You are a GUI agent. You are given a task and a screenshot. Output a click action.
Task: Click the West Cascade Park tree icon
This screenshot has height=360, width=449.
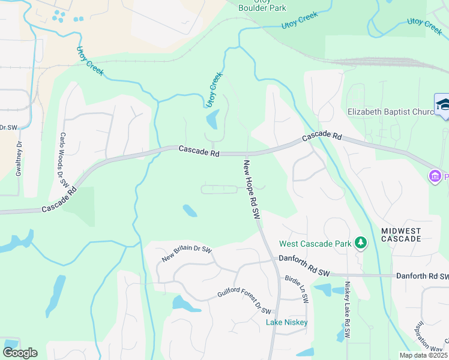coord(360,243)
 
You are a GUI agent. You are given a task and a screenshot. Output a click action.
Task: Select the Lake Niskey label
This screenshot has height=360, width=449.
coord(287,323)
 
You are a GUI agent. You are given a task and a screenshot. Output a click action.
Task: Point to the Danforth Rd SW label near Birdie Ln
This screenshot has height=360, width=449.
coord(304,258)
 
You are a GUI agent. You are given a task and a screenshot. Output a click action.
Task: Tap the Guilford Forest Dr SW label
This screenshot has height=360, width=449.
coord(244,302)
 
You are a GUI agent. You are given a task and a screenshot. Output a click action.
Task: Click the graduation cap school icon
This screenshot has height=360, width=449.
coord(443,104)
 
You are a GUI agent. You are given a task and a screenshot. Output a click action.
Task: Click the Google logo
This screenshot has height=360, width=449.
coord(20,353)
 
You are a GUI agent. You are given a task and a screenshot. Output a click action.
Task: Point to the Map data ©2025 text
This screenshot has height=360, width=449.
coord(423,355)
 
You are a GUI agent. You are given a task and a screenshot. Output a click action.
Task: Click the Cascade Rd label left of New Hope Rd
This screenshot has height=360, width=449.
coord(199,151)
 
